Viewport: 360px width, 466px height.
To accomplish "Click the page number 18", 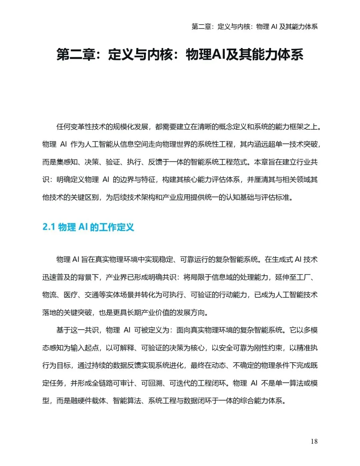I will [x=314, y=441].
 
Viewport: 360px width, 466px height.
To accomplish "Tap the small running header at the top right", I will [x=255, y=27].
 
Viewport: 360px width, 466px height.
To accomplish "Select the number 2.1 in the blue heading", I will [x=49, y=227].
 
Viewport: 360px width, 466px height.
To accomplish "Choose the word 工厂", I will [x=303, y=277].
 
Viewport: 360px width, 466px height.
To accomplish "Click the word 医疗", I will [x=70, y=295].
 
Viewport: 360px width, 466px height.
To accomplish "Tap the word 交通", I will [x=92, y=295].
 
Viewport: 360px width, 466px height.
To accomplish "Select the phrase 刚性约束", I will [x=268, y=348].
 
